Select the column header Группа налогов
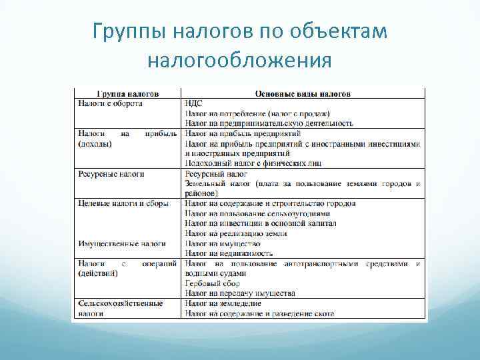pyautogui.click(x=127, y=94)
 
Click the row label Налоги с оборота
pyautogui.click(x=110, y=103)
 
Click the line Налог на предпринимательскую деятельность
pyautogui.click(x=269, y=123)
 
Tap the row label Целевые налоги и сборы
pyautogui.click(x=123, y=203)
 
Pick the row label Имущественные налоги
pyautogui.click(x=121, y=243)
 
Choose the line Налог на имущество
pyautogui.click(x=223, y=243)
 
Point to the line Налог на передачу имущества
pyautogui.click(x=240, y=293)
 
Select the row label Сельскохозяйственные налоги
pyautogui.click(x=120, y=303)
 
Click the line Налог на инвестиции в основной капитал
pyautogui.click(x=261, y=223)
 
